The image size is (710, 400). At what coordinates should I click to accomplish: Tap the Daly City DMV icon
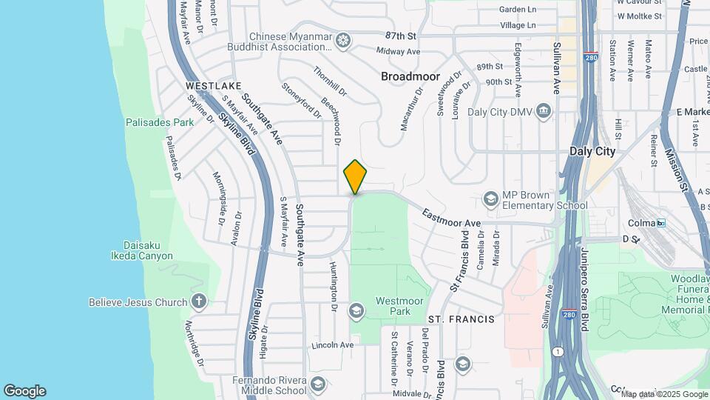[544, 112]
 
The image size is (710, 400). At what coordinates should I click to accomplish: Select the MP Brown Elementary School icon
[490, 199]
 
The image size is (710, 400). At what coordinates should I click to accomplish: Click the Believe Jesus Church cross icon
[197, 301]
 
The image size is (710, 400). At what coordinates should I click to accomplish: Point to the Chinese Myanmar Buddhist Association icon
[342, 41]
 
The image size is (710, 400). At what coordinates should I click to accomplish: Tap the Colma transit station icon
[661, 222]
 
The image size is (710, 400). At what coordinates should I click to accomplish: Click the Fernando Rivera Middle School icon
[317, 384]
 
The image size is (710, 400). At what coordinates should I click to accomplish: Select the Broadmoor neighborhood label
[410, 76]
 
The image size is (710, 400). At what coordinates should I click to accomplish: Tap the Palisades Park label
[159, 122]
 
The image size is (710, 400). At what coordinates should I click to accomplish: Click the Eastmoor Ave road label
[452, 218]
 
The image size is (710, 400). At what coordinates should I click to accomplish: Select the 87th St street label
[402, 36]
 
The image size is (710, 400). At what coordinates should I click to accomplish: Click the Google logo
[24, 391]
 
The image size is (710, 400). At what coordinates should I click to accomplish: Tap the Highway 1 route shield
[556, 350]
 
